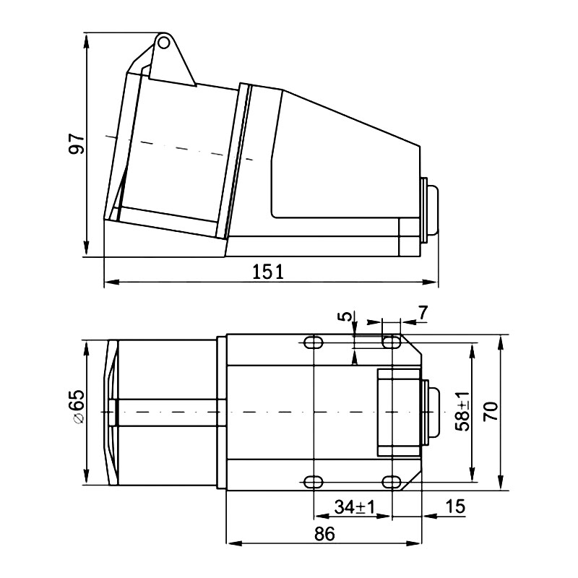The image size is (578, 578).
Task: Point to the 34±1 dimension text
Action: tap(355, 507)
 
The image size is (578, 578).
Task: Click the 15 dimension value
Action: tap(455, 506)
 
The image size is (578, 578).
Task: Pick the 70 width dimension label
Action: tap(491, 411)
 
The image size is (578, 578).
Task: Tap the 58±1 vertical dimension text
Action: tap(462, 412)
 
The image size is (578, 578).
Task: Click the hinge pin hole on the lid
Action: tap(164, 43)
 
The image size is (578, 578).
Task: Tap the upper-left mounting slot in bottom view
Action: tap(314, 342)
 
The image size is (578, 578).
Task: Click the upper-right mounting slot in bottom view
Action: tap(391, 342)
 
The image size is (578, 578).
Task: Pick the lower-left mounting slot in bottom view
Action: tap(314, 481)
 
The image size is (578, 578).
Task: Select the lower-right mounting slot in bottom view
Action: tap(391, 481)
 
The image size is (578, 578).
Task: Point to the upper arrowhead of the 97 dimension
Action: tap(87, 39)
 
